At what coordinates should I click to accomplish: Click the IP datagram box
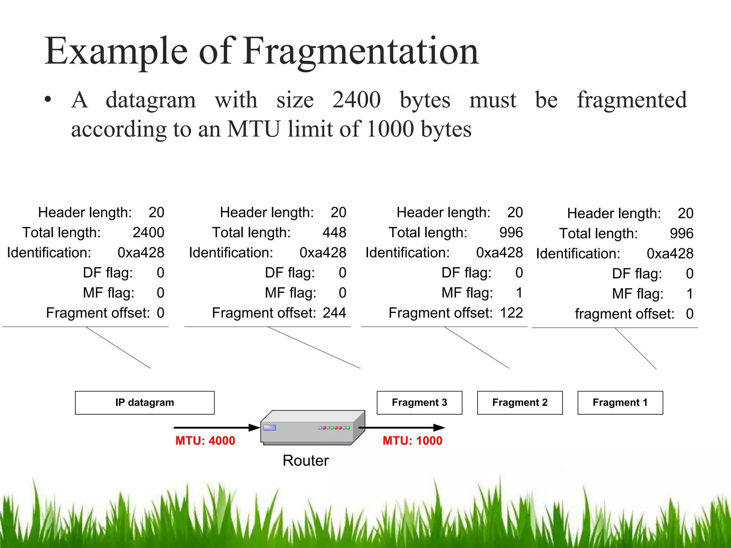click(x=145, y=402)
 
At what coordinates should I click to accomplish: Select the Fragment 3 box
click(x=419, y=402)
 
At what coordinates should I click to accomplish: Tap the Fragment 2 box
click(x=520, y=402)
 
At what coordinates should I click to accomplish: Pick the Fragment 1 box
click(x=620, y=402)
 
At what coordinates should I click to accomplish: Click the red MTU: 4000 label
click(x=205, y=441)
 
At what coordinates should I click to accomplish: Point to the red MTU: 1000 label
click(x=412, y=441)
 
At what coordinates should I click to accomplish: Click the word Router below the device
click(x=306, y=461)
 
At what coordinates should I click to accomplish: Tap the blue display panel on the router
click(x=269, y=427)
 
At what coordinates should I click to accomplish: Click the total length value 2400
click(x=148, y=233)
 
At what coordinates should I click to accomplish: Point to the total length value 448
click(x=334, y=233)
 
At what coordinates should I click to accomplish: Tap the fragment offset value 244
click(x=334, y=313)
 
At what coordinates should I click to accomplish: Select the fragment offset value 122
click(x=511, y=313)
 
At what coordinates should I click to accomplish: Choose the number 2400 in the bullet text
click(x=357, y=100)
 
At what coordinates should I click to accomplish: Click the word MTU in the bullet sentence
click(x=253, y=129)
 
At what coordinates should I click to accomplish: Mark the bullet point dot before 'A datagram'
click(x=48, y=100)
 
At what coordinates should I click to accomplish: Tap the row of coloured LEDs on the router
click(x=334, y=427)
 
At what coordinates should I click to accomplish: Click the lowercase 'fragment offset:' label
click(x=624, y=314)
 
